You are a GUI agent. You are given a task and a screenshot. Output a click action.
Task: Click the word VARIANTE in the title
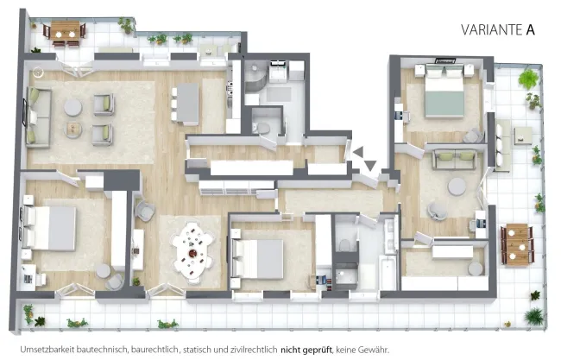click(x=492, y=29)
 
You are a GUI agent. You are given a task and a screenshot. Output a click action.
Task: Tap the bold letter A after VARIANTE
click(x=530, y=29)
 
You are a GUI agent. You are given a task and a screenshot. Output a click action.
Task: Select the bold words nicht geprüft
click(x=306, y=350)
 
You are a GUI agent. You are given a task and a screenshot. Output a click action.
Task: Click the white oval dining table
click(x=193, y=253)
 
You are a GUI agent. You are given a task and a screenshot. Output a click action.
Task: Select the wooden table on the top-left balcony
click(x=65, y=31)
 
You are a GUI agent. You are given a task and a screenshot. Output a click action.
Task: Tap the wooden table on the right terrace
click(x=517, y=244)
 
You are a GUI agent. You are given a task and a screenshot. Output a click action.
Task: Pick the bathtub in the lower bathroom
click(x=388, y=274)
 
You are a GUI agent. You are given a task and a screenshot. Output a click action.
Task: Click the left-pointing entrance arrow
click(x=358, y=152)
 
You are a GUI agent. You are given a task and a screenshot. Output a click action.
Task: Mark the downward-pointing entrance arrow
click(x=370, y=166)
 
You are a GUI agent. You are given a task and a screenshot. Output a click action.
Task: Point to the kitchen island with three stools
click(x=188, y=104)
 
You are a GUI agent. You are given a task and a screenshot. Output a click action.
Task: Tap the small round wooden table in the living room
click(x=73, y=130)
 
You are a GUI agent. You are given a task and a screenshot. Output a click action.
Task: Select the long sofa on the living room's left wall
click(x=38, y=117)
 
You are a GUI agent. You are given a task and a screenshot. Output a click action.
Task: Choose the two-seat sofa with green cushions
click(x=454, y=159)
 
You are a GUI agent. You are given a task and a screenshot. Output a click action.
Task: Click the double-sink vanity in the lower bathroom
click(x=391, y=235)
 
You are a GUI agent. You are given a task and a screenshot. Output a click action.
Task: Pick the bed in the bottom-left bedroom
click(x=49, y=228)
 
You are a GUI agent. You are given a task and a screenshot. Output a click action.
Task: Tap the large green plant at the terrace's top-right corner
click(x=528, y=79)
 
